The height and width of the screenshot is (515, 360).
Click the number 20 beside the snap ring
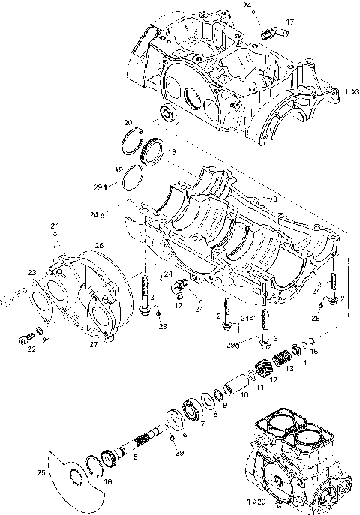(x=128, y=122)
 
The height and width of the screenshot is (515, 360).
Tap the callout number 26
(x=98, y=245)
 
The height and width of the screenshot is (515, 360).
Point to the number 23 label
(x=31, y=272)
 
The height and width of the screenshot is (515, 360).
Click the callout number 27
(x=94, y=346)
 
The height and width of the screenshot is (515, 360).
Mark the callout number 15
(x=313, y=352)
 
